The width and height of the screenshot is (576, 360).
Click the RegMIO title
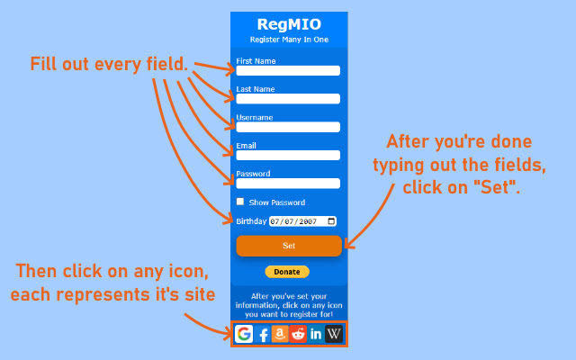point(288,24)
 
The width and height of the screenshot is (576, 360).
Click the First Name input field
point(288,70)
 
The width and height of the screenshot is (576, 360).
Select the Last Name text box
point(288,99)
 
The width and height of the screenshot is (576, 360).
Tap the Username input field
point(288,127)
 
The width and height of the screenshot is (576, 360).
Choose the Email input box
point(288,155)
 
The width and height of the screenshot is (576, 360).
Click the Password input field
point(288,184)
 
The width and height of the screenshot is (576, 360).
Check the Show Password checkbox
point(240,202)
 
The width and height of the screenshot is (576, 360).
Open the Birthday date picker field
point(301,221)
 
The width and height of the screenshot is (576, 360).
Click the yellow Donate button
point(287,272)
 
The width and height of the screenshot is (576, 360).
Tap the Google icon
point(244,334)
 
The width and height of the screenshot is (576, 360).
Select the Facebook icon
point(264,335)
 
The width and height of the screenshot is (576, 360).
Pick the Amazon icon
point(280,334)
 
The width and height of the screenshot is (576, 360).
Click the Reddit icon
point(298,334)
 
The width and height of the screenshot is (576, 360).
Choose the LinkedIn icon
point(316,334)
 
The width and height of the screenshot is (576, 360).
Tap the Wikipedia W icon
point(334,334)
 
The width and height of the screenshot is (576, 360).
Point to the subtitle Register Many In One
point(288,40)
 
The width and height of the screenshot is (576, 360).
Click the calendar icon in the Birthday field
point(331,221)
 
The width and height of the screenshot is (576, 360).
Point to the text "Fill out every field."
point(109,64)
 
